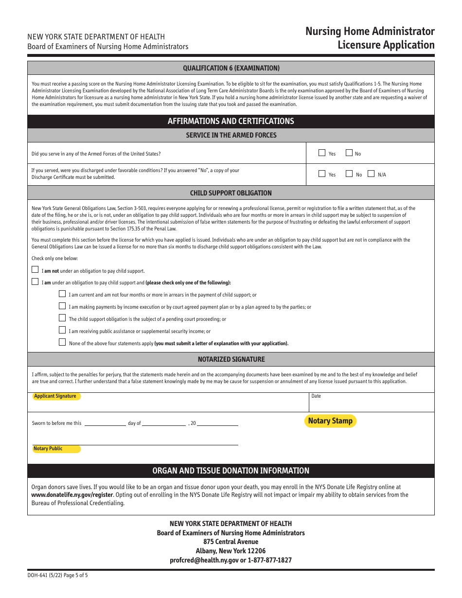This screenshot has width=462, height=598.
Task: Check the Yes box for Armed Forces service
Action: tap(322, 153)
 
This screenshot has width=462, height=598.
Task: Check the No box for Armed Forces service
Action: tap(349, 153)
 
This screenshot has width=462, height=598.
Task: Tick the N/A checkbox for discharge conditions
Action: tap(371, 174)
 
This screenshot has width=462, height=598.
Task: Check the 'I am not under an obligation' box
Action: tap(35, 270)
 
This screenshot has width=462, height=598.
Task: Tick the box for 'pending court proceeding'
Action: tap(62, 318)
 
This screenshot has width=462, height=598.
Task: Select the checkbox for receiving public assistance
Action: tap(62, 330)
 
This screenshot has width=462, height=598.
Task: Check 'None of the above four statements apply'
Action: tap(62, 342)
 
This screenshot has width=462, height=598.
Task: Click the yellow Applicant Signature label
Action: tap(55, 396)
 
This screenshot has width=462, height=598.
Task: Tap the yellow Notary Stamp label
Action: tap(330, 421)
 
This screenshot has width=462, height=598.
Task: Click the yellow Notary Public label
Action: tap(48, 449)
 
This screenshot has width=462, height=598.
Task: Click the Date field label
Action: tap(316, 396)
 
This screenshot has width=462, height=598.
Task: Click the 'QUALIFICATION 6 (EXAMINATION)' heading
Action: tap(231, 68)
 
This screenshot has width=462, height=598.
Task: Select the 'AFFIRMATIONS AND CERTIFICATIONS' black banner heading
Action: tap(231, 121)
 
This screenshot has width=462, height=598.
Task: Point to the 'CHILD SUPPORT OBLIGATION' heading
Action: tap(231, 193)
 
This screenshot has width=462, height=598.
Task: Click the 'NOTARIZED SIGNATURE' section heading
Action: tap(231, 359)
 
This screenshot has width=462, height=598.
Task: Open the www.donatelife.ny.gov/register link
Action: tap(72, 495)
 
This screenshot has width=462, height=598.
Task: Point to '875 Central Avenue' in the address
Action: tap(231, 542)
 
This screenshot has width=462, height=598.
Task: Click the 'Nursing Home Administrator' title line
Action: tap(370, 32)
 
